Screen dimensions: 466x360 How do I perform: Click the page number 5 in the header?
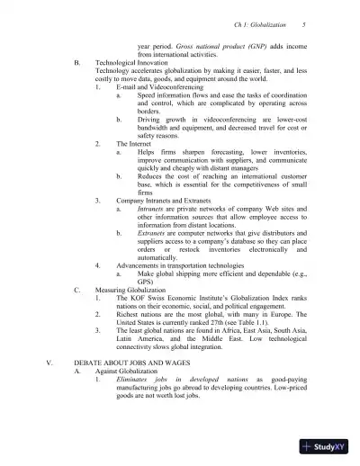tap(305, 25)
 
